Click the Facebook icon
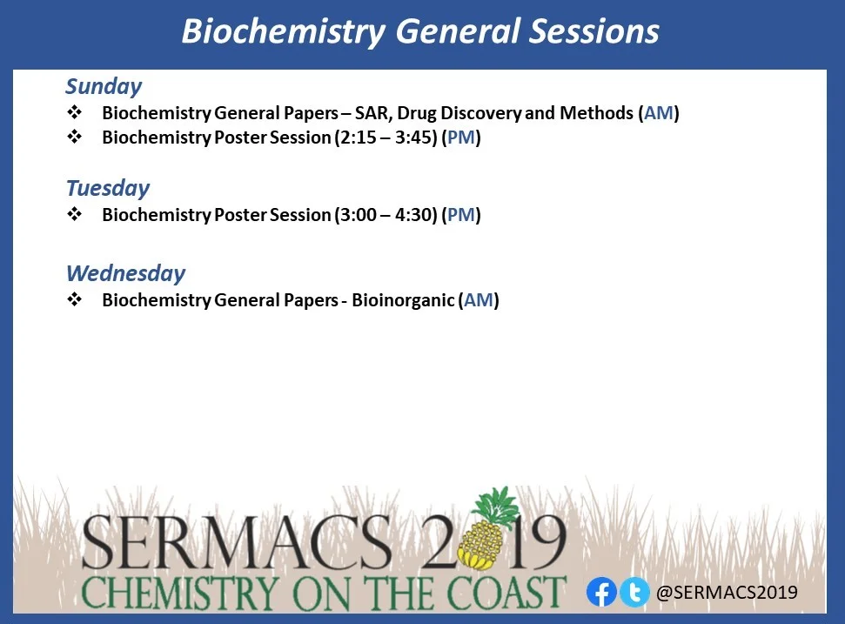pos(601,592)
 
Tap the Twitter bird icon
pos(634,592)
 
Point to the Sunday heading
pos(104,86)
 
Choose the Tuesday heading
pos(108,188)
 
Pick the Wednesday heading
pos(125,273)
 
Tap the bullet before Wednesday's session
pos(74,300)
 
